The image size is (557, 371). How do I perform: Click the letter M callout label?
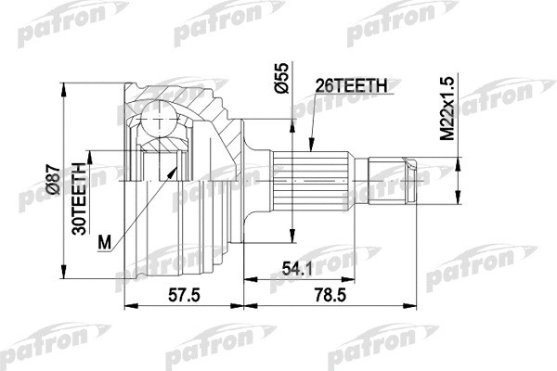(x=105, y=243)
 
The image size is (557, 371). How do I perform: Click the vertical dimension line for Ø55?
(x=291, y=185)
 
